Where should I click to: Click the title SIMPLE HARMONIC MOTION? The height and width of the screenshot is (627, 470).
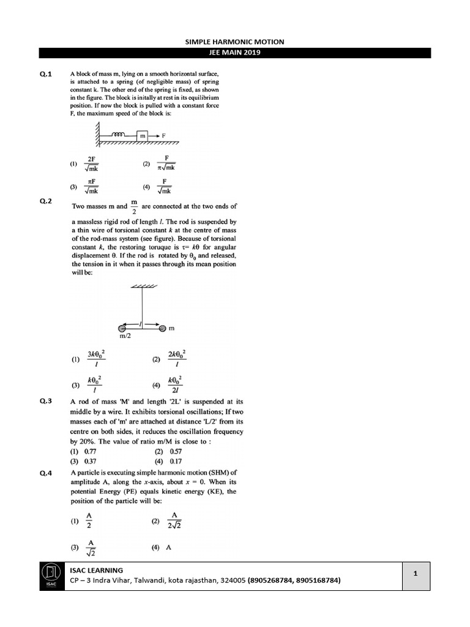click(235, 42)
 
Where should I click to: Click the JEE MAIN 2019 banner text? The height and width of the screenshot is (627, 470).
click(235, 53)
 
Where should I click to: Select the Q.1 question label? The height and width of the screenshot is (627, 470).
click(46, 74)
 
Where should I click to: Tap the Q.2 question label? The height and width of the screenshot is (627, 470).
click(46, 201)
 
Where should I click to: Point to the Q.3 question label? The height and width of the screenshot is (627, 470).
click(46, 401)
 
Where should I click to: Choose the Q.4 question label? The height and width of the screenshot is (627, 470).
click(46, 473)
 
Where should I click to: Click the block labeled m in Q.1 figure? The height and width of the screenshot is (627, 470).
click(143, 135)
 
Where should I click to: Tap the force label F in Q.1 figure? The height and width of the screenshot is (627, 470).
click(164, 135)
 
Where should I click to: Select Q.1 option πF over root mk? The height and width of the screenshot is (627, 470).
click(92, 186)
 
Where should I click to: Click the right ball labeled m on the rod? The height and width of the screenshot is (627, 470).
click(162, 329)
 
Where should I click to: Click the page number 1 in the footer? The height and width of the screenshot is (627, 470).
click(415, 574)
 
